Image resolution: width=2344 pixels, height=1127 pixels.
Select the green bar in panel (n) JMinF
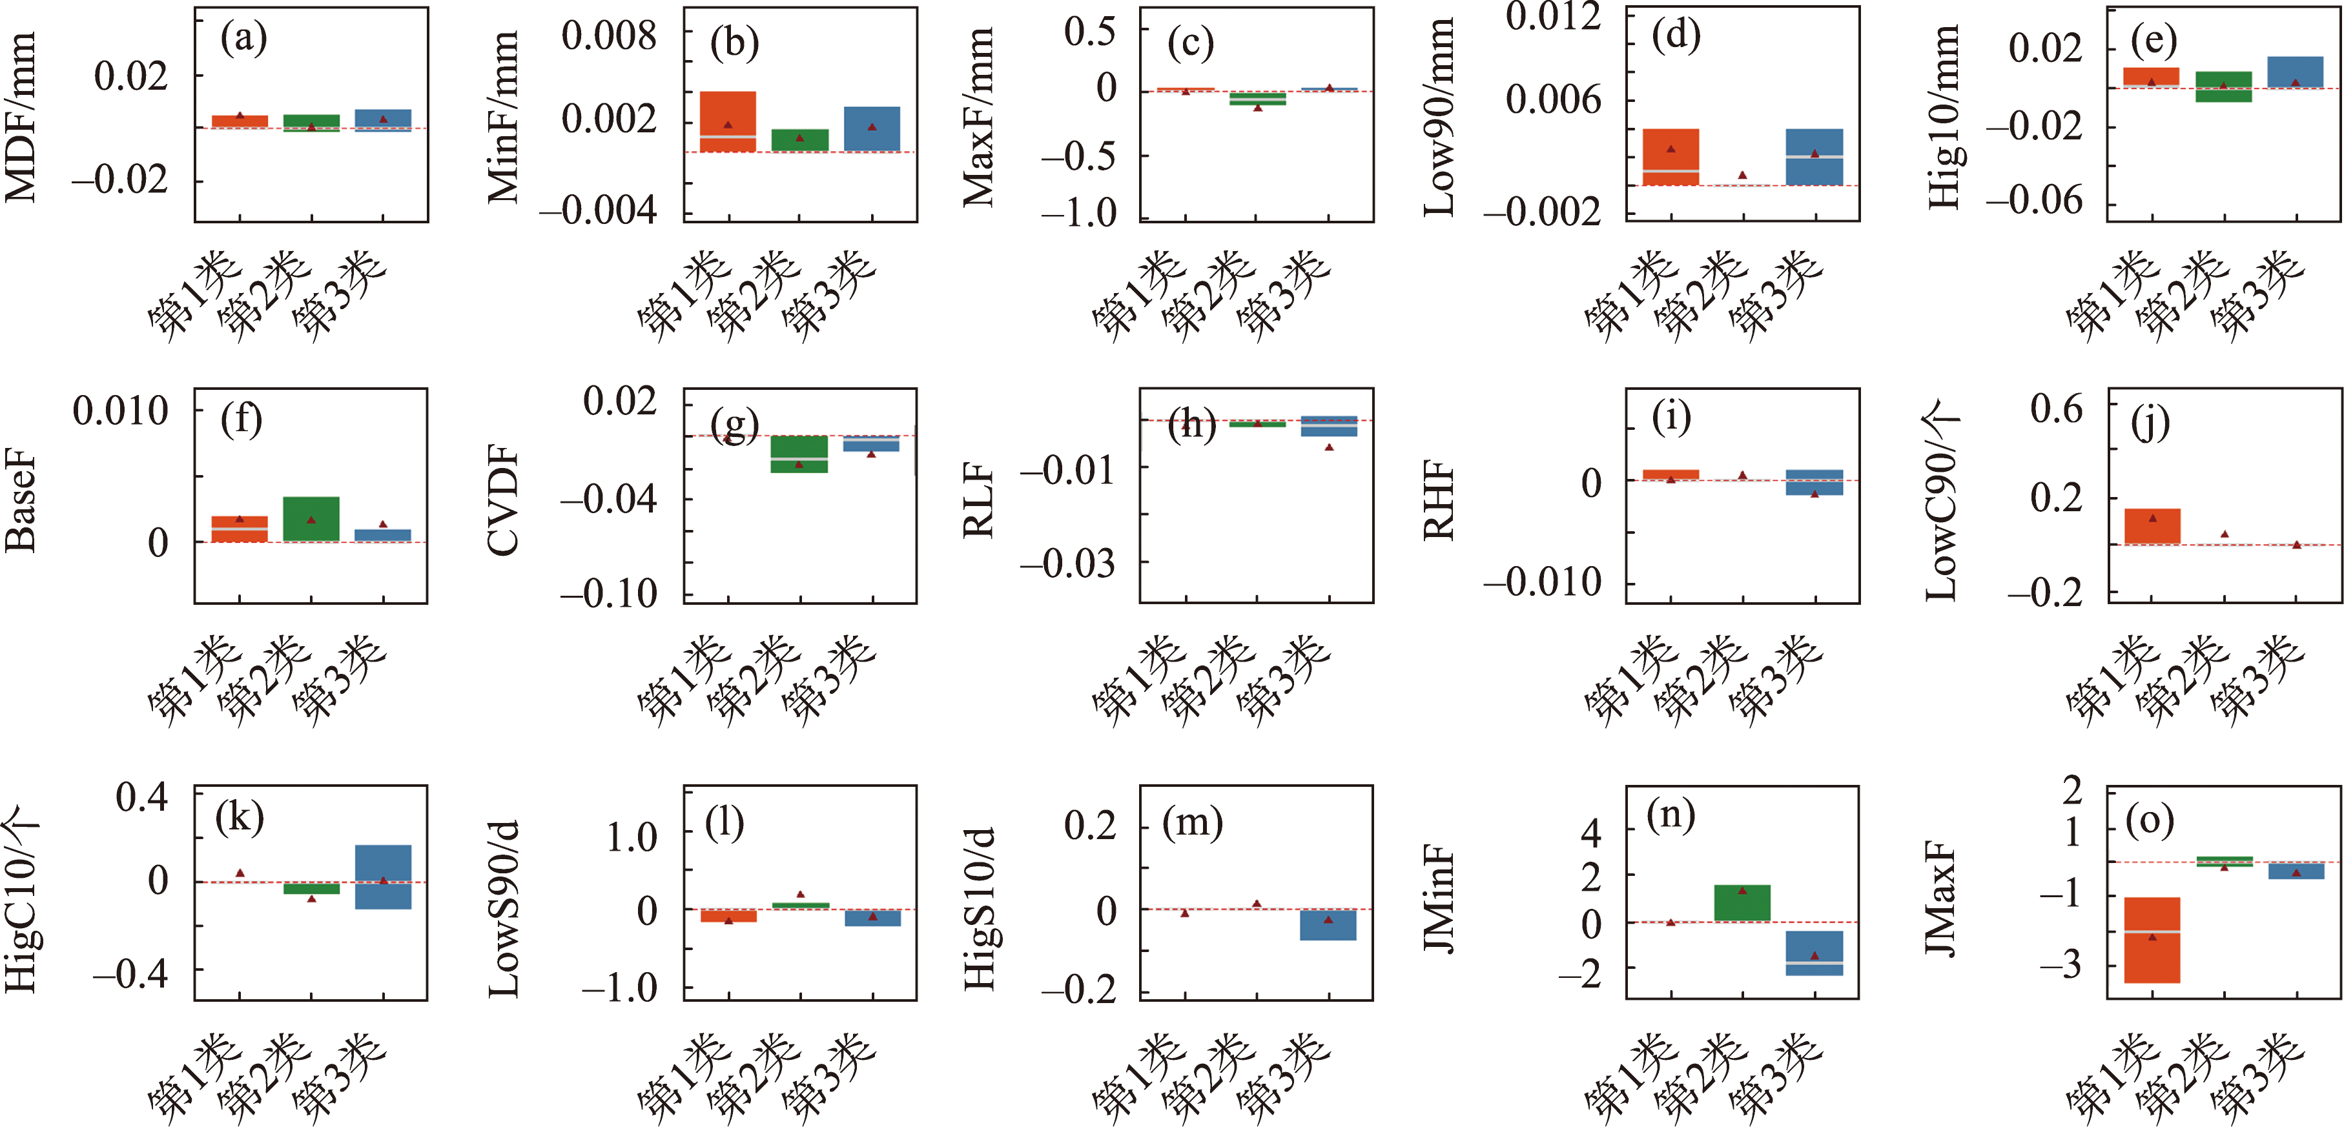tap(1743, 902)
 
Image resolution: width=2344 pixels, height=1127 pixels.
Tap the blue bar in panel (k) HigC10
tap(383, 876)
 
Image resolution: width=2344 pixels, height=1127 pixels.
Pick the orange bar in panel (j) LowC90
tap(2152, 526)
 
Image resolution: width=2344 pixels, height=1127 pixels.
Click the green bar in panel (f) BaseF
tap(311, 518)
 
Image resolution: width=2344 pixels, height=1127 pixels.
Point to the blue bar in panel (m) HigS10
tap(1328, 924)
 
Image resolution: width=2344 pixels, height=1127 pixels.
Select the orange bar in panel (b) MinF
tap(728, 121)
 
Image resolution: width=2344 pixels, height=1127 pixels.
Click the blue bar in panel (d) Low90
tap(1815, 156)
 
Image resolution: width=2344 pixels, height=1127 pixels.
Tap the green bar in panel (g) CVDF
tap(800, 454)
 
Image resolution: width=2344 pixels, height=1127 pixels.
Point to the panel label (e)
tap(2153, 40)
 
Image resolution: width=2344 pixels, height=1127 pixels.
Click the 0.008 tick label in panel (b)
tap(608, 36)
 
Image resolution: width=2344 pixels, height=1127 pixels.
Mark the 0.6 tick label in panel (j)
tap(2057, 409)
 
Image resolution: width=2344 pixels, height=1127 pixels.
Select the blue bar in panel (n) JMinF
tap(1815, 953)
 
